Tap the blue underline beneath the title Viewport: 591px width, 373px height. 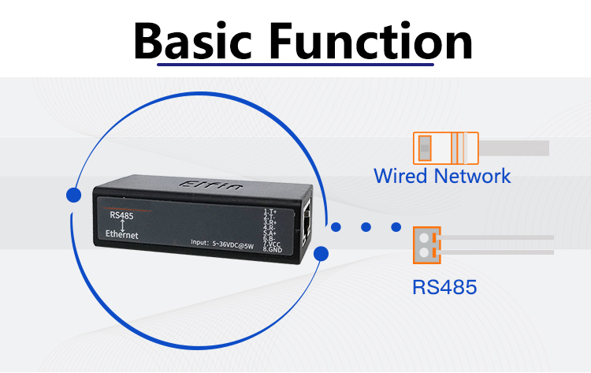point(296,64)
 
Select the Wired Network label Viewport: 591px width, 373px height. point(442,175)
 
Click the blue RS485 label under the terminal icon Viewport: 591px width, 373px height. point(444,286)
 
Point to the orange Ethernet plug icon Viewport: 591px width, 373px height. point(445,147)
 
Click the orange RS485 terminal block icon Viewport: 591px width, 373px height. point(426,245)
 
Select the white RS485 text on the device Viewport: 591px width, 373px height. point(121,215)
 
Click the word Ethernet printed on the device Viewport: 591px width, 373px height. point(122,235)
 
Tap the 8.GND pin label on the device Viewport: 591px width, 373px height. point(271,250)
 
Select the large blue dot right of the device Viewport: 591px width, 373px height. point(321,253)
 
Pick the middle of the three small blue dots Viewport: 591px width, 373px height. point(366,227)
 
